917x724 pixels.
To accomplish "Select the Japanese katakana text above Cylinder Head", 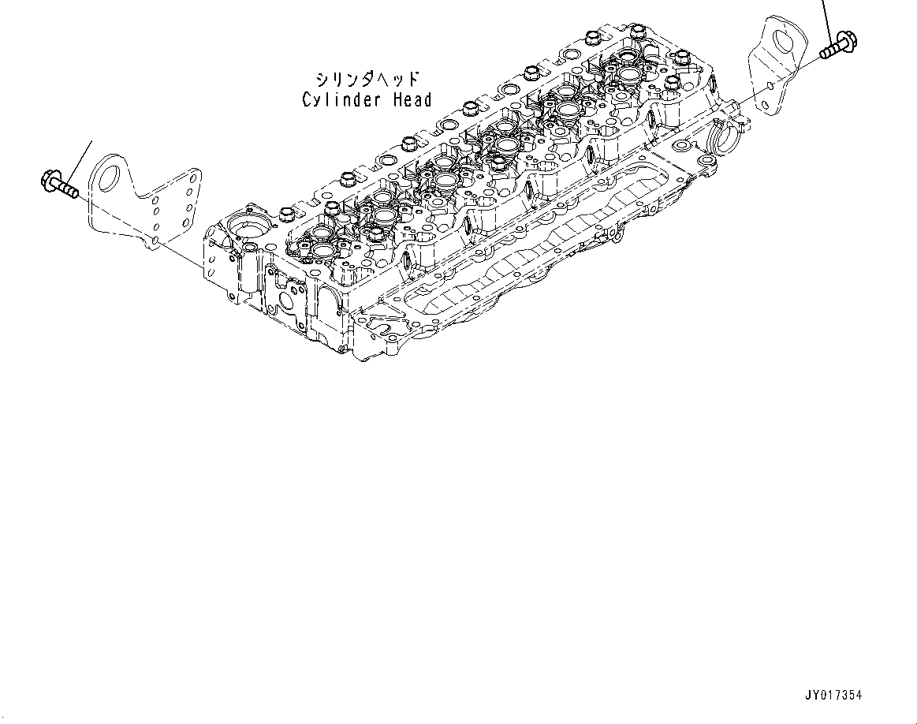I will click(x=367, y=80).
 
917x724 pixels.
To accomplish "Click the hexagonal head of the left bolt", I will click(x=47, y=181).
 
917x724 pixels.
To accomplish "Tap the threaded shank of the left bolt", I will click(x=68, y=190).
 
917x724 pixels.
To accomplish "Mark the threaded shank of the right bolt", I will click(x=828, y=51).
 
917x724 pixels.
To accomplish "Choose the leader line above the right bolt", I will click(x=827, y=14).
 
